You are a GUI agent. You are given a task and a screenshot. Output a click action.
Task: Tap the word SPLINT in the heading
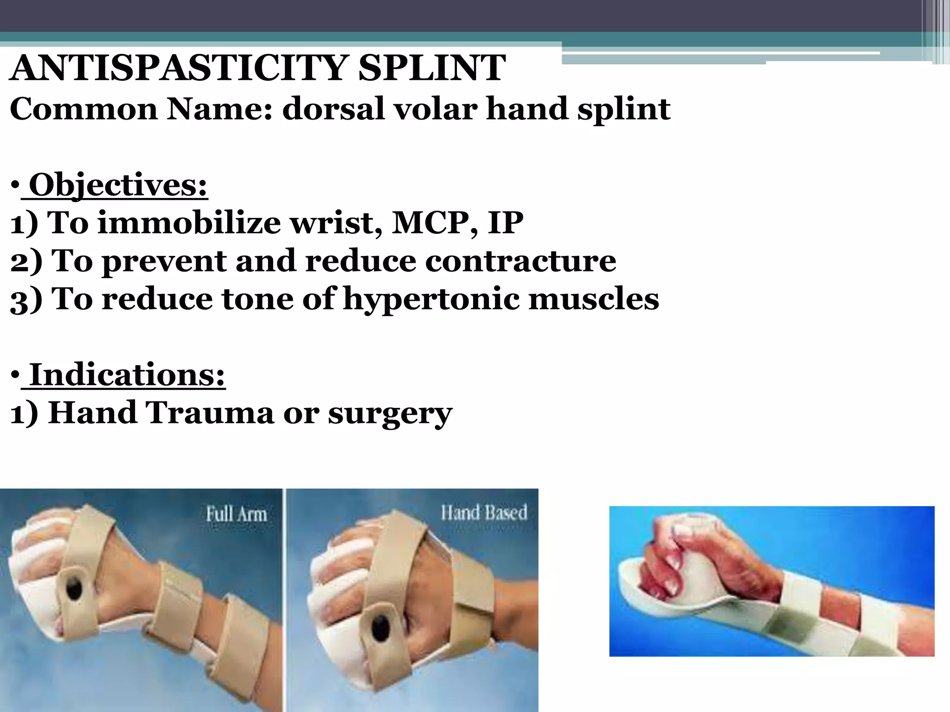432,68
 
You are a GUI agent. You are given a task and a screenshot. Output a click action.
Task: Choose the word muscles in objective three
594,299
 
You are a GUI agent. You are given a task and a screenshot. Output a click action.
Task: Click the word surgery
390,413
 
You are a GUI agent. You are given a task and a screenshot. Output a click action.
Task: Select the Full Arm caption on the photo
237,514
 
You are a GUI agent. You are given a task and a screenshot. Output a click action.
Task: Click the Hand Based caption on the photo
484,513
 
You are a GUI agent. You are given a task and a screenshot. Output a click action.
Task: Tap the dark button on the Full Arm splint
74,590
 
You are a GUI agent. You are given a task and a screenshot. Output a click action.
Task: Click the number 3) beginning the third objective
26,299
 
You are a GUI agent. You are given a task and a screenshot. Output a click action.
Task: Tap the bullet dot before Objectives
15,186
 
